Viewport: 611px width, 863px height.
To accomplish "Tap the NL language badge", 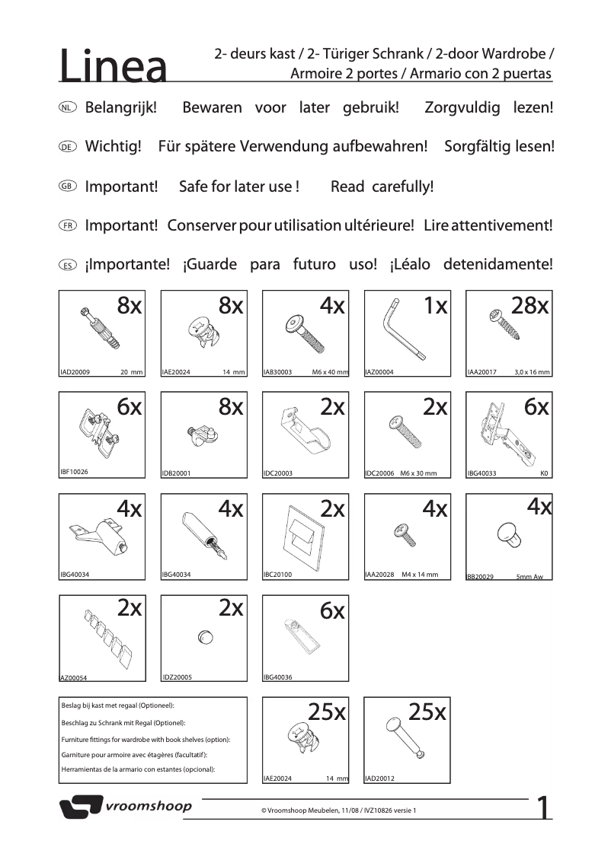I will (x=67, y=108).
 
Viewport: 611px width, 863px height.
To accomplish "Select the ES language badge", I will (x=67, y=266).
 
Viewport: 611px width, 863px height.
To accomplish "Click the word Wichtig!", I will (x=114, y=146).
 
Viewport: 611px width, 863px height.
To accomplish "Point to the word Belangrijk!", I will (x=120, y=107).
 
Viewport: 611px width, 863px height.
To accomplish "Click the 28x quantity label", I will (x=530, y=306).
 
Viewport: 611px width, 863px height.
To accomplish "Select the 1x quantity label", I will (x=435, y=306).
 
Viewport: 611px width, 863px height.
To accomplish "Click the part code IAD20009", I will (x=75, y=373).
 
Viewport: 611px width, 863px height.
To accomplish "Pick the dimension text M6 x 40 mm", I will (x=330, y=373).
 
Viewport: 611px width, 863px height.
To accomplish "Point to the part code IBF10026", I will (x=74, y=472).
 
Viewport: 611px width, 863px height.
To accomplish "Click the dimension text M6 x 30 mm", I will (x=418, y=473).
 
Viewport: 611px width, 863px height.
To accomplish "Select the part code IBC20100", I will (x=277, y=575).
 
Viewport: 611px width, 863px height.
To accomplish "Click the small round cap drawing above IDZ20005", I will (x=204, y=636).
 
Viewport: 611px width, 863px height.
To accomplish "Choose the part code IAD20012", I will (x=380, y=779).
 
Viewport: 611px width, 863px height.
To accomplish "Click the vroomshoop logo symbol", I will (x=81, y=807).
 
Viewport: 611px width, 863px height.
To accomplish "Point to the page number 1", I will (x=544, y=808).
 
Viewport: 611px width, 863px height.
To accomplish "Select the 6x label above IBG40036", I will (x=332, y=610).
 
